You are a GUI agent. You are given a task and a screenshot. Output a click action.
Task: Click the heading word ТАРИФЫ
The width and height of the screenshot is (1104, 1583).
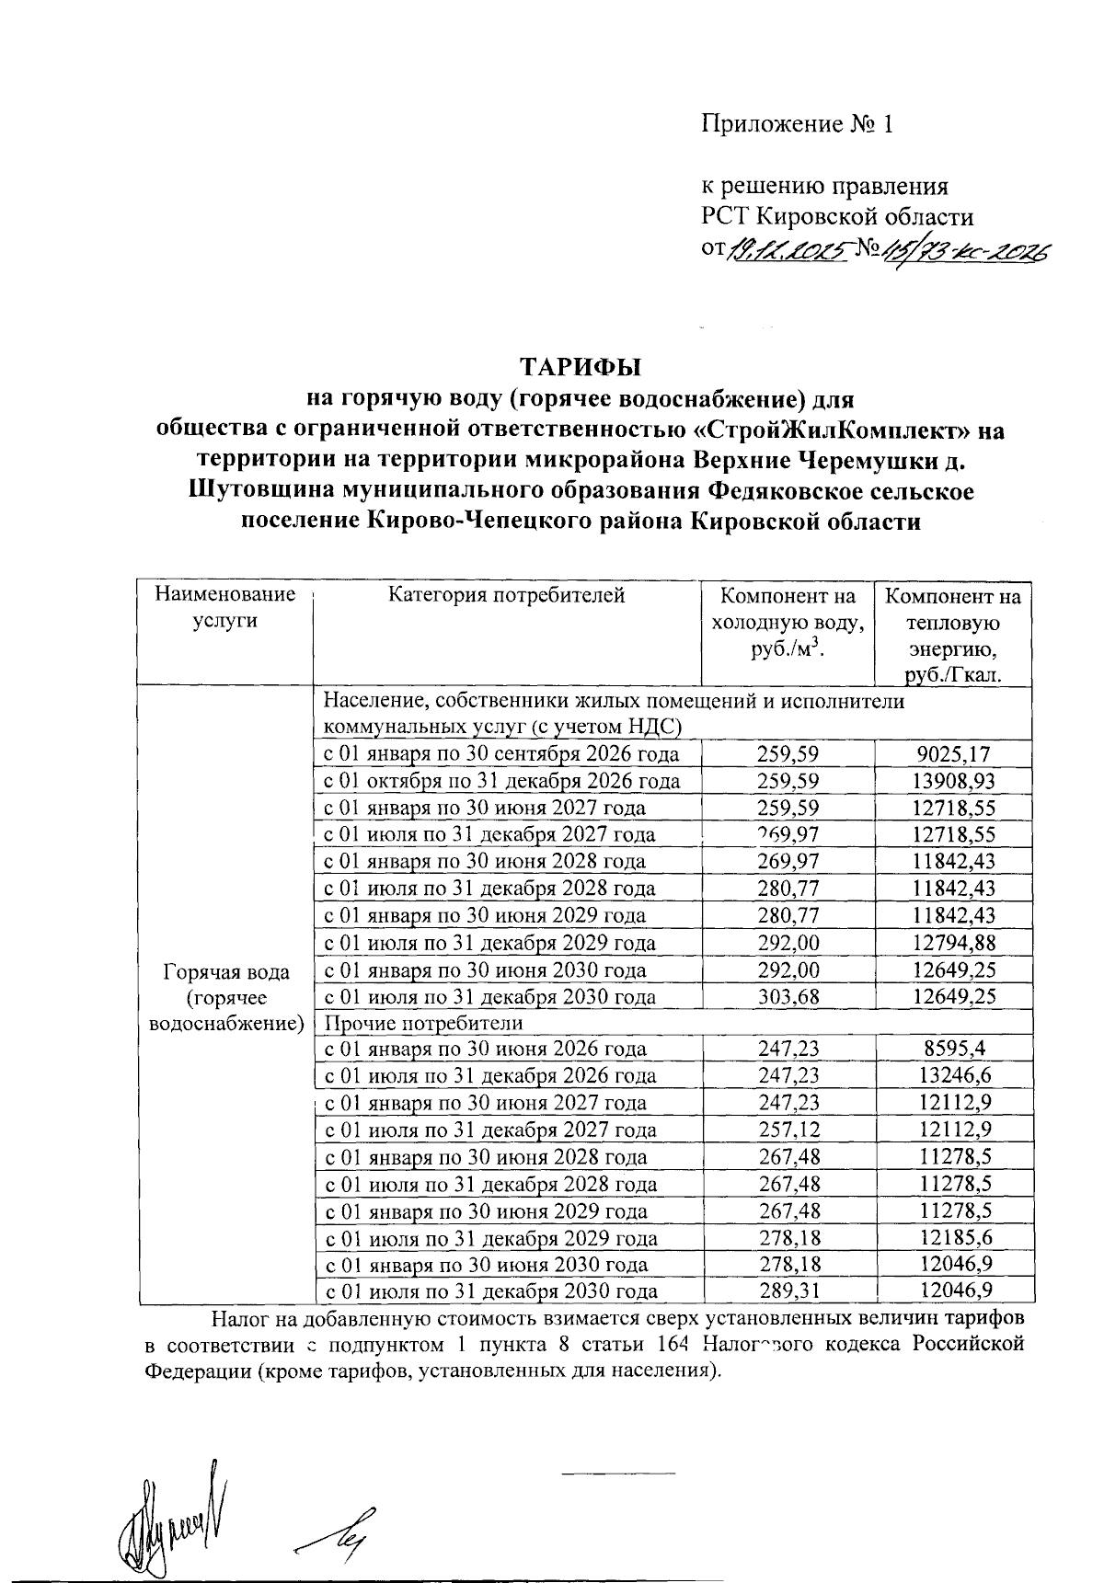[581, 367]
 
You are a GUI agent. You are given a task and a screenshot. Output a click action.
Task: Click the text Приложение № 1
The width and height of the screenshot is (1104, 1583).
[798, 124]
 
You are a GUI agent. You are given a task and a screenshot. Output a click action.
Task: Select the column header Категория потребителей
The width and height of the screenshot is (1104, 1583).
[507, 595]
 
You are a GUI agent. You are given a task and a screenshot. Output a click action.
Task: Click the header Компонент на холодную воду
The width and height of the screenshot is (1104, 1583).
[788, 622]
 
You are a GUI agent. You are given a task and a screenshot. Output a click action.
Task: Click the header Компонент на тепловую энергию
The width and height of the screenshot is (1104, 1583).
[952, 635]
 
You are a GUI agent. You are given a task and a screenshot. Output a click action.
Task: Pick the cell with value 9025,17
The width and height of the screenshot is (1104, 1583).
[952, 754]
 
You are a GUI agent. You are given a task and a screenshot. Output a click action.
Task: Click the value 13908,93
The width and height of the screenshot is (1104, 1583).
[952, 781]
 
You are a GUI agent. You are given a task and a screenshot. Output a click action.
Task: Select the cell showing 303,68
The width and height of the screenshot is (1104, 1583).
[788, 997]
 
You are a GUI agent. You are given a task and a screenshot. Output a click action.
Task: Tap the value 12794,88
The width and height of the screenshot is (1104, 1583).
[952, 943]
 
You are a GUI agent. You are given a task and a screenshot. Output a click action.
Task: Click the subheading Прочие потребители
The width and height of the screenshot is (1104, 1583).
[424, 1023]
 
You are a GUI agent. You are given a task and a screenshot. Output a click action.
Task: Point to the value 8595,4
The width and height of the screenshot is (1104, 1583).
[952, 1049]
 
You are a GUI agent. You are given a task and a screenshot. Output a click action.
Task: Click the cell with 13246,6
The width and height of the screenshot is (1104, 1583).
[952, 1075]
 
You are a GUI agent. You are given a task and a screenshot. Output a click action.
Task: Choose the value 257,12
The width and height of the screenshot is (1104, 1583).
[788, 1130]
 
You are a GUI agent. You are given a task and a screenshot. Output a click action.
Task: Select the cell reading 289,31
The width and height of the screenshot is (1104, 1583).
[788, 1291]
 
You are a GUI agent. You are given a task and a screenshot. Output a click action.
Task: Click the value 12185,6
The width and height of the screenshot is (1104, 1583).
[952, 1237]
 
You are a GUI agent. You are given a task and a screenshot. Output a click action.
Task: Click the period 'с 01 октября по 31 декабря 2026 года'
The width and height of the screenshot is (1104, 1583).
[501, 781]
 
